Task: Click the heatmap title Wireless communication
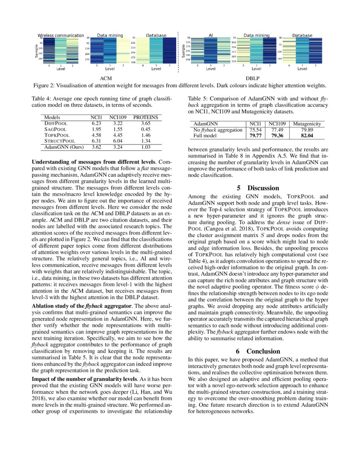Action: coord(62,35)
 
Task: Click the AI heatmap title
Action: coord(210,35)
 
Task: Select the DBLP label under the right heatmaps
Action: coord(252,78)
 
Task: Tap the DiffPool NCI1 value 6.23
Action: coord(96,122)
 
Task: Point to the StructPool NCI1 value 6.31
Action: coord(96,141)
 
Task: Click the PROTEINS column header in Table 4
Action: coord(146,116)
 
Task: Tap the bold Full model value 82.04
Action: coord(307,136)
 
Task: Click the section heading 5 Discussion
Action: coord(258,188)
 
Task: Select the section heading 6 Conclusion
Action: coord(258,351)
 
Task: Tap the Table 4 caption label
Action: coord(42,98)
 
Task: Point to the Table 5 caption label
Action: coord(197,98)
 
